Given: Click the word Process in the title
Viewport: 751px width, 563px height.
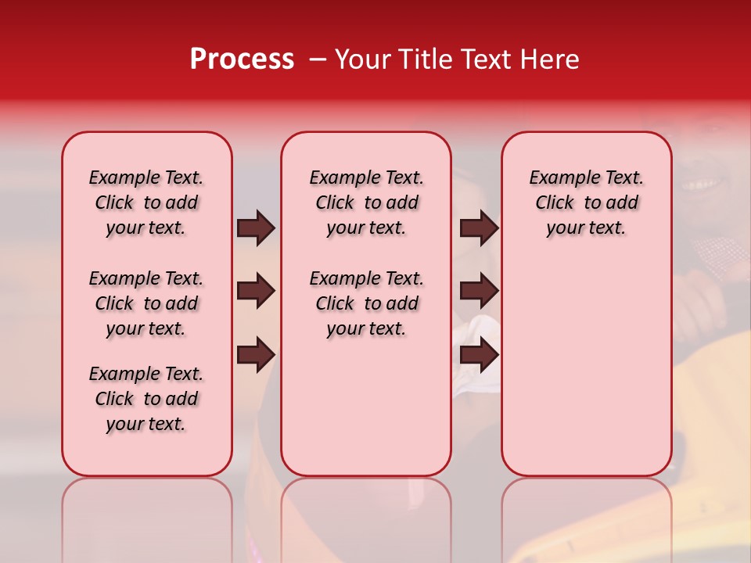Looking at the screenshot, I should coord(242,59).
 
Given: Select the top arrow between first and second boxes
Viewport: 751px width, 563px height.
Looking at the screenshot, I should coord(256,228).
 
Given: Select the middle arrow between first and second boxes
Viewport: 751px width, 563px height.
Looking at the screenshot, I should coord(256,292).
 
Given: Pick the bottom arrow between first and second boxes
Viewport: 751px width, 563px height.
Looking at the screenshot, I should coord(256,355).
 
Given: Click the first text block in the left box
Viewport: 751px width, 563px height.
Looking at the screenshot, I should coord(146,203).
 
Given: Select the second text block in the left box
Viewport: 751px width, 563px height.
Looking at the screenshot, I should coord(146,303).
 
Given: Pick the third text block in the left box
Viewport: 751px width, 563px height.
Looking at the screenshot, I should coord(146,399).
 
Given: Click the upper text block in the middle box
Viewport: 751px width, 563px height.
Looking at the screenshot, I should coord(367,203).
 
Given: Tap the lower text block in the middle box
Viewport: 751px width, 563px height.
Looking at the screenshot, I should coord(367,303).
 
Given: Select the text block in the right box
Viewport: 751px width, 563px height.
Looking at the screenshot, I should coord(587,203).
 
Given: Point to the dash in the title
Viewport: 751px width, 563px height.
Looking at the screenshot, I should coord(318,60).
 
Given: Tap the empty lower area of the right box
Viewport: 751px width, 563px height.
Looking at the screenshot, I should coord(587,375).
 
